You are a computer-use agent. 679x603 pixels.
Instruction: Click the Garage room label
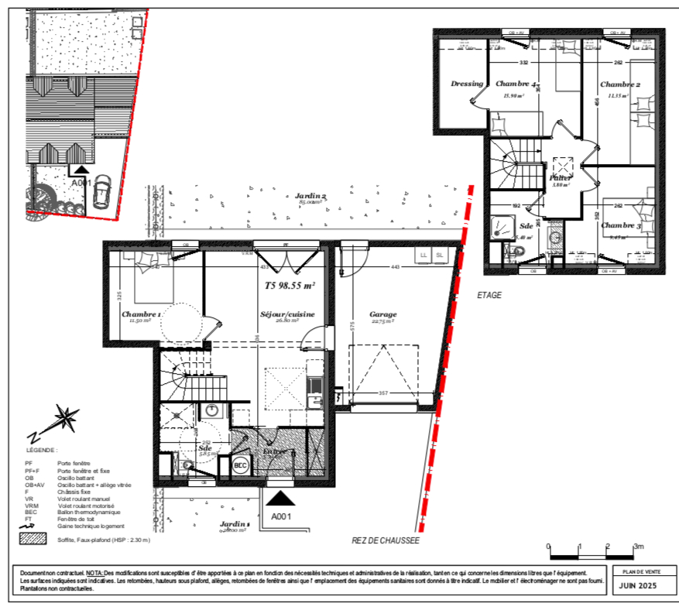[x=382, y=314]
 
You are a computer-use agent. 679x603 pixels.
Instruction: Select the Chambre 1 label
[x=142, y=315]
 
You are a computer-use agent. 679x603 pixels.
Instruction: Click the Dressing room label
[x=467, y=84]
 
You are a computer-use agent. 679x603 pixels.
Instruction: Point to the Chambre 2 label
[x=619, y=84]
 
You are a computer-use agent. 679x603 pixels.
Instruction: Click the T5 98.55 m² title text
[x=290, y=285]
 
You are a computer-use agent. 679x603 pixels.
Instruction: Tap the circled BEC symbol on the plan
[x=240, y=465]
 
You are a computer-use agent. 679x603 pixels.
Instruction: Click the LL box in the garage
[x=424, y=254]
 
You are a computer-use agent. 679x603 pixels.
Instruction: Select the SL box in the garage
[x=440, y=254]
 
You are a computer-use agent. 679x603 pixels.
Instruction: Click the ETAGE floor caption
[x=489, y=295]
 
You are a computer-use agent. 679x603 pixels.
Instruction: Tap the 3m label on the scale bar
[x=639, y=546]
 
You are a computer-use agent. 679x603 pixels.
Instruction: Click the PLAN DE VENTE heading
[x=636, y=570]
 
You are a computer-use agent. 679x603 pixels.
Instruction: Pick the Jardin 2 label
[x=310, y=197]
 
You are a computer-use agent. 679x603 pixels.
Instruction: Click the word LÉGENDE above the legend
[x=41, y=450]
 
